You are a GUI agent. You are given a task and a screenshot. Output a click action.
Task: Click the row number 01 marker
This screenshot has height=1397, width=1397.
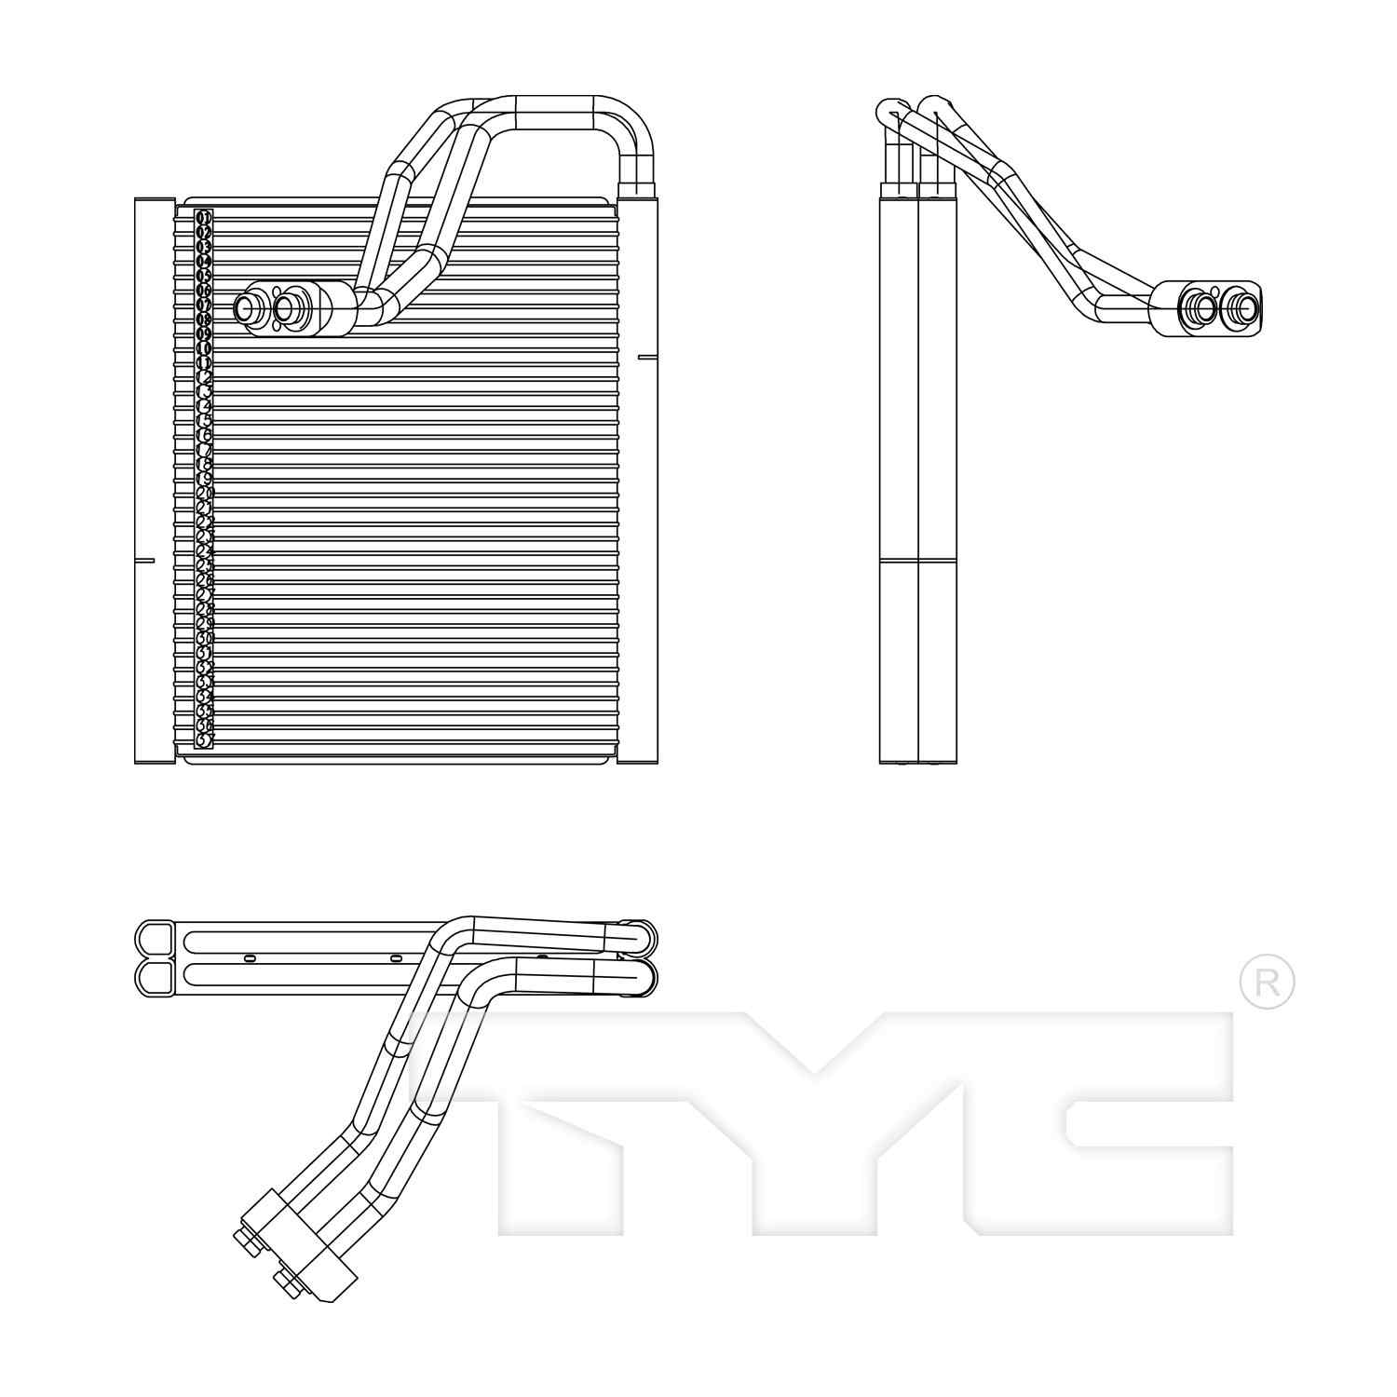coord(204,218)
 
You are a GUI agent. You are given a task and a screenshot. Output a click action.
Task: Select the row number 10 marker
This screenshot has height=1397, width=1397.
coord(204,348)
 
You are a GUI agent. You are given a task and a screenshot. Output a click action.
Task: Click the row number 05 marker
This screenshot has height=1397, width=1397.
coord(204,276)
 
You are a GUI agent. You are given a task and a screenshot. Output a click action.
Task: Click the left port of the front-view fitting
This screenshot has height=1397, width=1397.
coord(249,308)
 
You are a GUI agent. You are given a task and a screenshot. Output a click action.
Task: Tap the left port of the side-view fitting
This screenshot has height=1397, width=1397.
coord(1200,306)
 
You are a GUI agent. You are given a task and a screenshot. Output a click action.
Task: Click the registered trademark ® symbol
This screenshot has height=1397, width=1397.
coord(1267,981)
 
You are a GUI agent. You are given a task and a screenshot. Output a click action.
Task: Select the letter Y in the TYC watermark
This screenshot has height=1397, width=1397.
coord(810,1118)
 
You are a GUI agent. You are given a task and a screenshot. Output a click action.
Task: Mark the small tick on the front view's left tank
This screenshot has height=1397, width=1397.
coord(144,561)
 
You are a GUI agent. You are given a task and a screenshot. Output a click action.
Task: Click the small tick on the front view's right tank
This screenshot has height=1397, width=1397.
coord(648,357)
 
